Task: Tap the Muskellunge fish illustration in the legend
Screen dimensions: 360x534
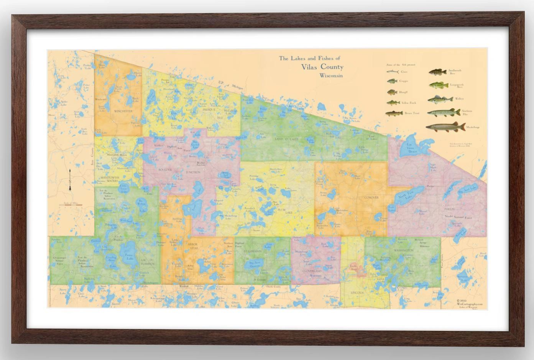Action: pos(445,127)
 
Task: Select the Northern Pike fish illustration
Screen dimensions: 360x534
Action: pos(443,112)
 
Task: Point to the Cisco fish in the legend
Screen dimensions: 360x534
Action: pos(393,72)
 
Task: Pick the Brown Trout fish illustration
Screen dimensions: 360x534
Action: pos(394,113)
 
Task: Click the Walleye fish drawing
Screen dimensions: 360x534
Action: pos(438,99)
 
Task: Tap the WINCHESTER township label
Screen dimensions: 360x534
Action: pos(123,111)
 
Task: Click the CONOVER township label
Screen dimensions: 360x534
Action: pos(371,197)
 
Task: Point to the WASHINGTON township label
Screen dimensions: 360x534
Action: pos(403,250)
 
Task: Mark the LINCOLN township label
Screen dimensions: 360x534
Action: pos(357,293)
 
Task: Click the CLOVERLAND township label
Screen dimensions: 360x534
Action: pos(312,271)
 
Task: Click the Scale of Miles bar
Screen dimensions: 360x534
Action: pos(71,205)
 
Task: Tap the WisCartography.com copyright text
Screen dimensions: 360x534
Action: pos(469,304)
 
